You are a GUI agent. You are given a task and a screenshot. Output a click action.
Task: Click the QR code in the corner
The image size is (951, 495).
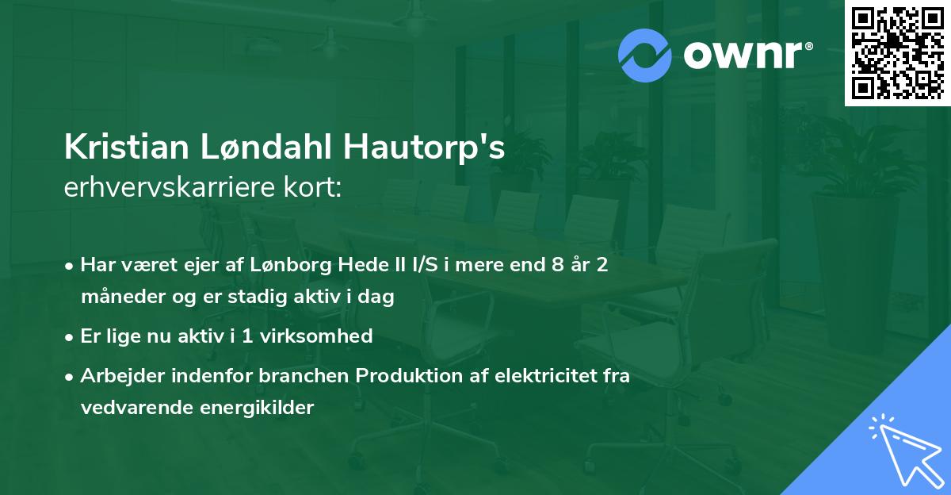pyautogui.click(x=897, y=53)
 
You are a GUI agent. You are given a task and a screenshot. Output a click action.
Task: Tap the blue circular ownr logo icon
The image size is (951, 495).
pyautogui.click(x=645, y=55)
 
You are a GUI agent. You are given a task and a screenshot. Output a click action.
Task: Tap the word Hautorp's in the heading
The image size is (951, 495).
pyautogui.click(x=417, y=148)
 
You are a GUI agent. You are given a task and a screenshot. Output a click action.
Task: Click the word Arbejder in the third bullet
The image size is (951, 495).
pyautogui.click(x=117, y=375)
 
